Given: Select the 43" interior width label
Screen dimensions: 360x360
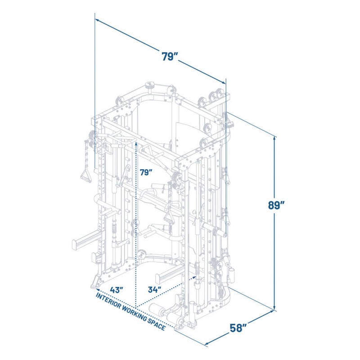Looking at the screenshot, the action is point(117,290).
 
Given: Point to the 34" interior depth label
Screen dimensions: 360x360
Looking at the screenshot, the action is point(154,289).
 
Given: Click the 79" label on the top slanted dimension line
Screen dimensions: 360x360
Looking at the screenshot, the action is point(170,57).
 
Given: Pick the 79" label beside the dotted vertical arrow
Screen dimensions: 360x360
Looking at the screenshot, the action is point(146,172).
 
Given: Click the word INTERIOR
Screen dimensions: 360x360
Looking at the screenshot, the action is point(108,301).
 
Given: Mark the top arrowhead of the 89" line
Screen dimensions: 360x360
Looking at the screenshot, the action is point(274,139).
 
